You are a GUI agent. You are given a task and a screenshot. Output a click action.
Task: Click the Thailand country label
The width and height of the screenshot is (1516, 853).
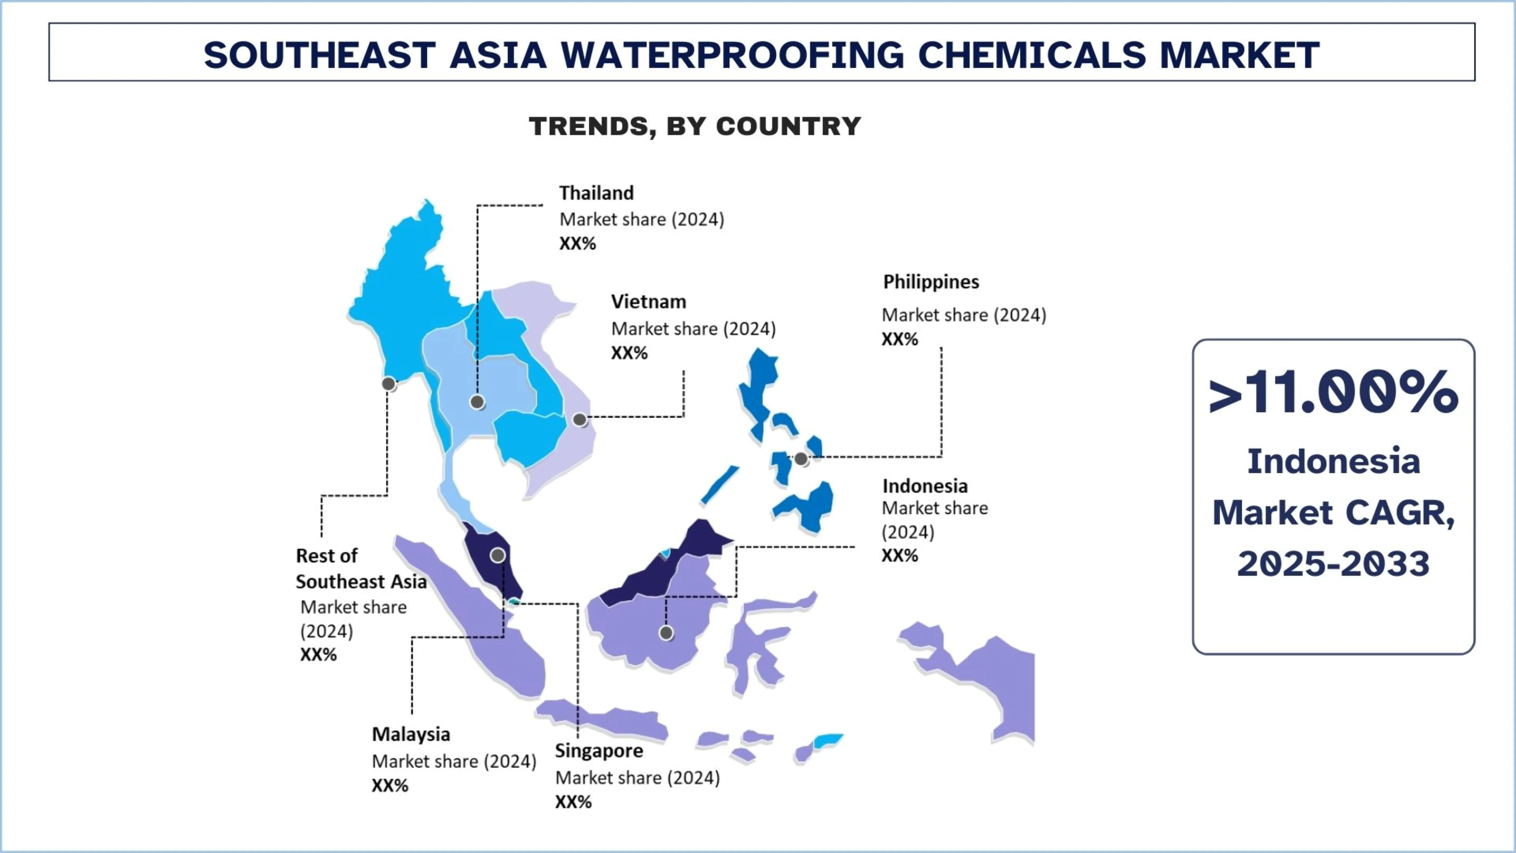(x=596, y=193)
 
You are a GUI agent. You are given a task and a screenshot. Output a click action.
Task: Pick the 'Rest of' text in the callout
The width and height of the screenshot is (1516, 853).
(x=327, y=556)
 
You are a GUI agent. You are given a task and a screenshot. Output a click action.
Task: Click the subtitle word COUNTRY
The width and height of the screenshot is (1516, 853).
(x=789, y=126)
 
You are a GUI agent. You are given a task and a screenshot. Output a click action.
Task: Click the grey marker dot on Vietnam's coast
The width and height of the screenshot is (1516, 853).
(x=580, y=420)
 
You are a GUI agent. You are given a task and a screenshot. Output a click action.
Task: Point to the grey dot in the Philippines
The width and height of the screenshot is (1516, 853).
(x=801, y=459)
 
